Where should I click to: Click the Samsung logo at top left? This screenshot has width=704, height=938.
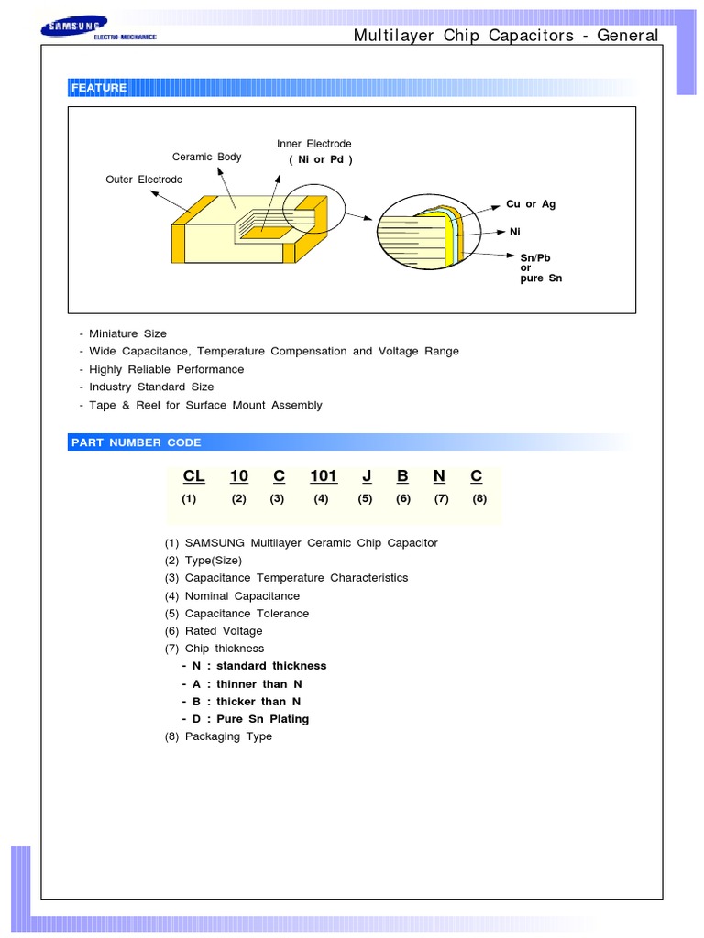pyautogui.click(x=99, y=29)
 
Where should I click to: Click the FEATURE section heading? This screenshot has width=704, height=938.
pyautogui.click(x=99, y=88)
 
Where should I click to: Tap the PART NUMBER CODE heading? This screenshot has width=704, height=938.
pyautogui.click(x=136, y=442)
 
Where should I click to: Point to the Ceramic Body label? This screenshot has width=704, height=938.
pyautogui.click(x=206, y=158)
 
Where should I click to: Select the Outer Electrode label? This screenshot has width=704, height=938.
pyautogui.click(x=144, y=180)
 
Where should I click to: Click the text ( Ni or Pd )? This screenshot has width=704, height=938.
pyautogui.click(x=321, y=160)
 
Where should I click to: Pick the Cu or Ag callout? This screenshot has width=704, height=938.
pyautogui.click(x=531, y=204)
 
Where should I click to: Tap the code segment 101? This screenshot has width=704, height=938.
pyautogui.click(x=324, y=476)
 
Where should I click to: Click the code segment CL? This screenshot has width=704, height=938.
pyautogui.click(x=193, y=476)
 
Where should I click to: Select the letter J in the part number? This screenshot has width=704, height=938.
pyautogui.click(x=367, y=476)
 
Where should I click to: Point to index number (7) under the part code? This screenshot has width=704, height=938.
pyautogui.click(x=442, y=499)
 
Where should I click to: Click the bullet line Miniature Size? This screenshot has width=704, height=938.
pyautogui.click(x=127, y=333)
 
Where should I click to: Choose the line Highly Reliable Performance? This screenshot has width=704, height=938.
pyautogui.click(x=166, y=369)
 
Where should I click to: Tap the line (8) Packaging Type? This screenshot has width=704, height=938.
pyautogui.click(x=218, y=736)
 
